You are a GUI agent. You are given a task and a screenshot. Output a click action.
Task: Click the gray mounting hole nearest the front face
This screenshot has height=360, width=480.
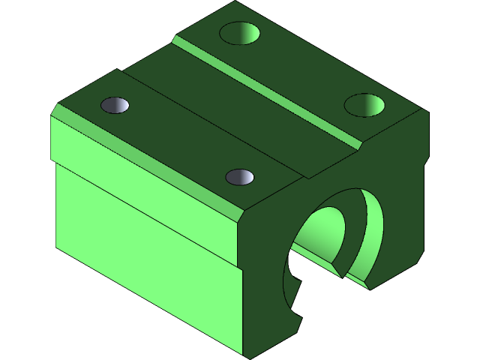coord(240,177)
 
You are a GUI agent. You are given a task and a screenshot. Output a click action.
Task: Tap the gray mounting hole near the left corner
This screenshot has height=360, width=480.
coord(115,106)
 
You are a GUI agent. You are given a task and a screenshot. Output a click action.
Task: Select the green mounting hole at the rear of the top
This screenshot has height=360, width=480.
coord(241,33)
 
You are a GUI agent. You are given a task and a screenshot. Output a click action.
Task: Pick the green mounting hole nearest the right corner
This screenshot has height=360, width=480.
coord(366,104)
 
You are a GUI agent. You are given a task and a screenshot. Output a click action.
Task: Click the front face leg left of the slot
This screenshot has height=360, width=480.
coord(262,300)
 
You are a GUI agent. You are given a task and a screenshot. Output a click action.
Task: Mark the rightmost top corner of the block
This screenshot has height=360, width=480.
coord(427,112)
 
